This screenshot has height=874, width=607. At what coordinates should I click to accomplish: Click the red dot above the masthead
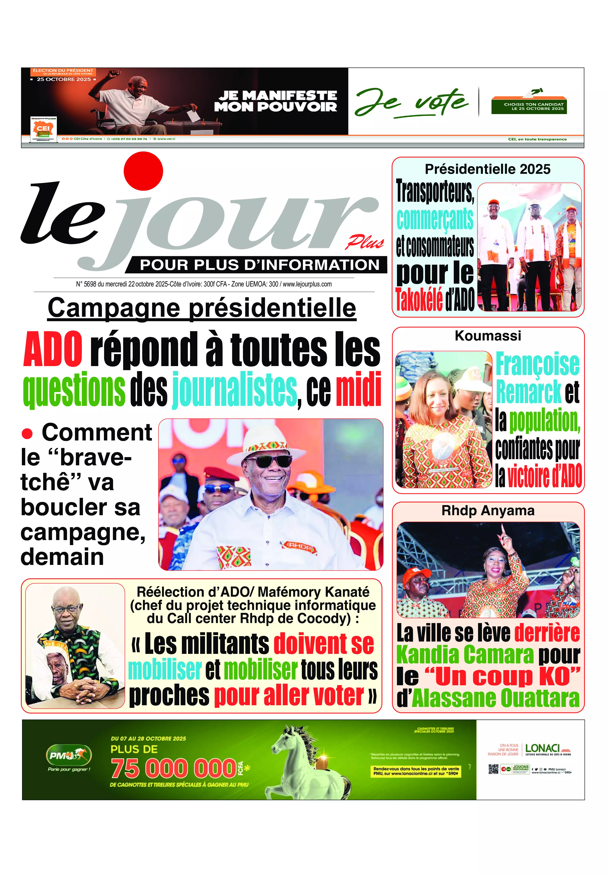143,171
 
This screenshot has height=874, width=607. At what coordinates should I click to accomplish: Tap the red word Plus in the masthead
364,242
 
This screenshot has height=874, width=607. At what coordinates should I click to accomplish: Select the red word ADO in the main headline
53,349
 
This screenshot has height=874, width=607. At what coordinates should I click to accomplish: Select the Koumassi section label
488,336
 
